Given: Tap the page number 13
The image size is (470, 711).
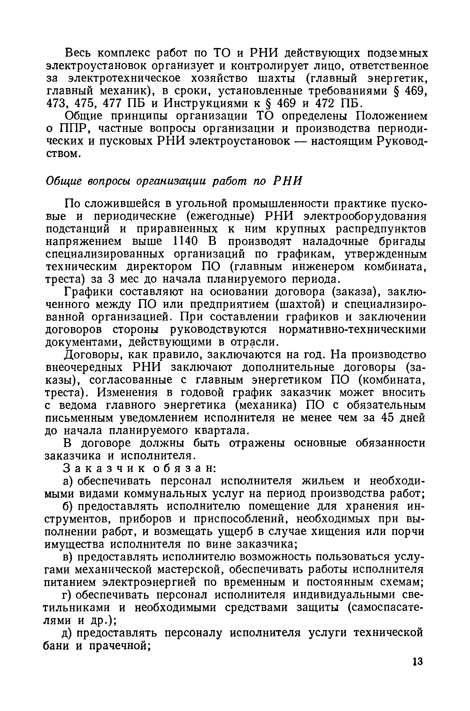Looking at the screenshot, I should point(417,661).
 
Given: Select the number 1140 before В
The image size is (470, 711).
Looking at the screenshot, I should point(186,241).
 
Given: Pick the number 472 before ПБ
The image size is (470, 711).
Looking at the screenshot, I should point(326,103).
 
